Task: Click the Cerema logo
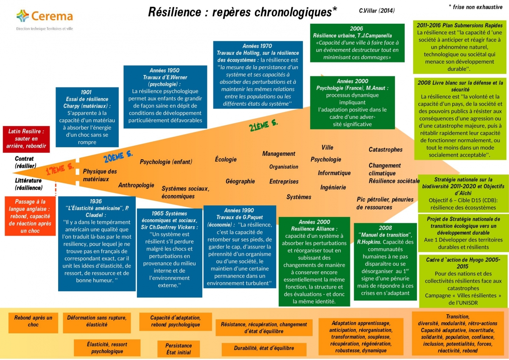point(45,17)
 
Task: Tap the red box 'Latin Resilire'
point(26,139)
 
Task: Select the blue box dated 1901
point(87,117)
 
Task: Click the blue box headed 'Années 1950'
point(165,96)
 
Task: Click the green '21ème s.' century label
point(263,125)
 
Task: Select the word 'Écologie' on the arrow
point(226,160)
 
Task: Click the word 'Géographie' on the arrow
point(240,181)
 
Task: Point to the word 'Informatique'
point(334,173)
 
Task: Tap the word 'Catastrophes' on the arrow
point(385,149)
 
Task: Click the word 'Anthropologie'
point(136,185)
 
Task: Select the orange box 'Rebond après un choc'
point(33,321)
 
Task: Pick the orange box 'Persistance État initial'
point(179,349)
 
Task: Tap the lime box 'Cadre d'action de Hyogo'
point(463,280)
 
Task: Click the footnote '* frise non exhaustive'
point(475,7)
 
